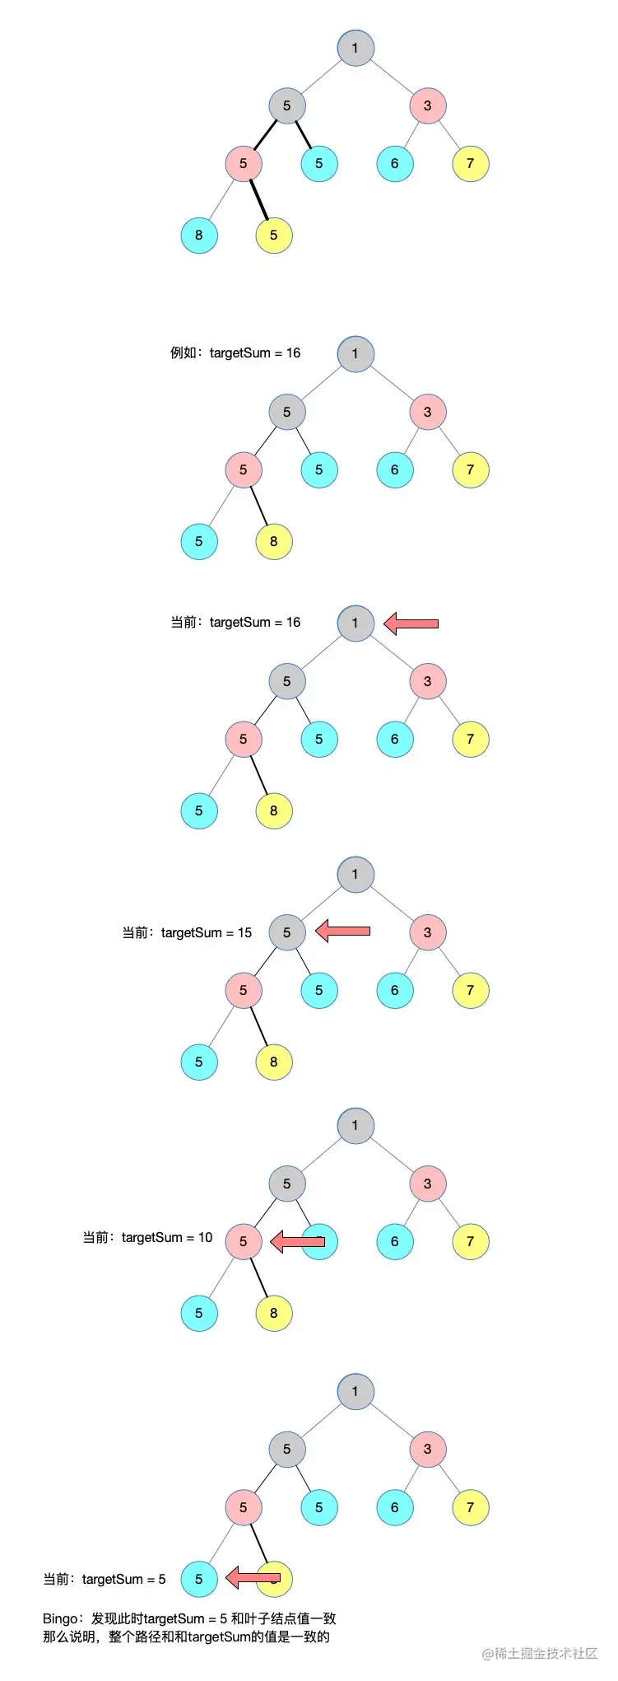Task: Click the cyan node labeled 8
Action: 198,236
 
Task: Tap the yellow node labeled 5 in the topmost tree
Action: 274,236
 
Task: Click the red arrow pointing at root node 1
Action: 411,623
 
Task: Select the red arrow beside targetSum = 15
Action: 342,932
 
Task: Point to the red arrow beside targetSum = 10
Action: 298,1241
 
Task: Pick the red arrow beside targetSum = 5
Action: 253,1578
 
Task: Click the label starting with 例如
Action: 235,353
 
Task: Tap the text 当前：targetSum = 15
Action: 187,933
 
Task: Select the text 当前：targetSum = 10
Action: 147,1238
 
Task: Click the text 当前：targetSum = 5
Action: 105,1580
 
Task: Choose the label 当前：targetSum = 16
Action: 235,623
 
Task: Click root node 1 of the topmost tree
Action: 355,48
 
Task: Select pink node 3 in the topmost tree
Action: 427,105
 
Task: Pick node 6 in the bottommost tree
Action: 395,1507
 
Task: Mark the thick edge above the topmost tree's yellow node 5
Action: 258,198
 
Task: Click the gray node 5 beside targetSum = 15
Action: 287,932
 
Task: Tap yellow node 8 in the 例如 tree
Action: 274,542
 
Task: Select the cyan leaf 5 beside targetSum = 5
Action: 198,1579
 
